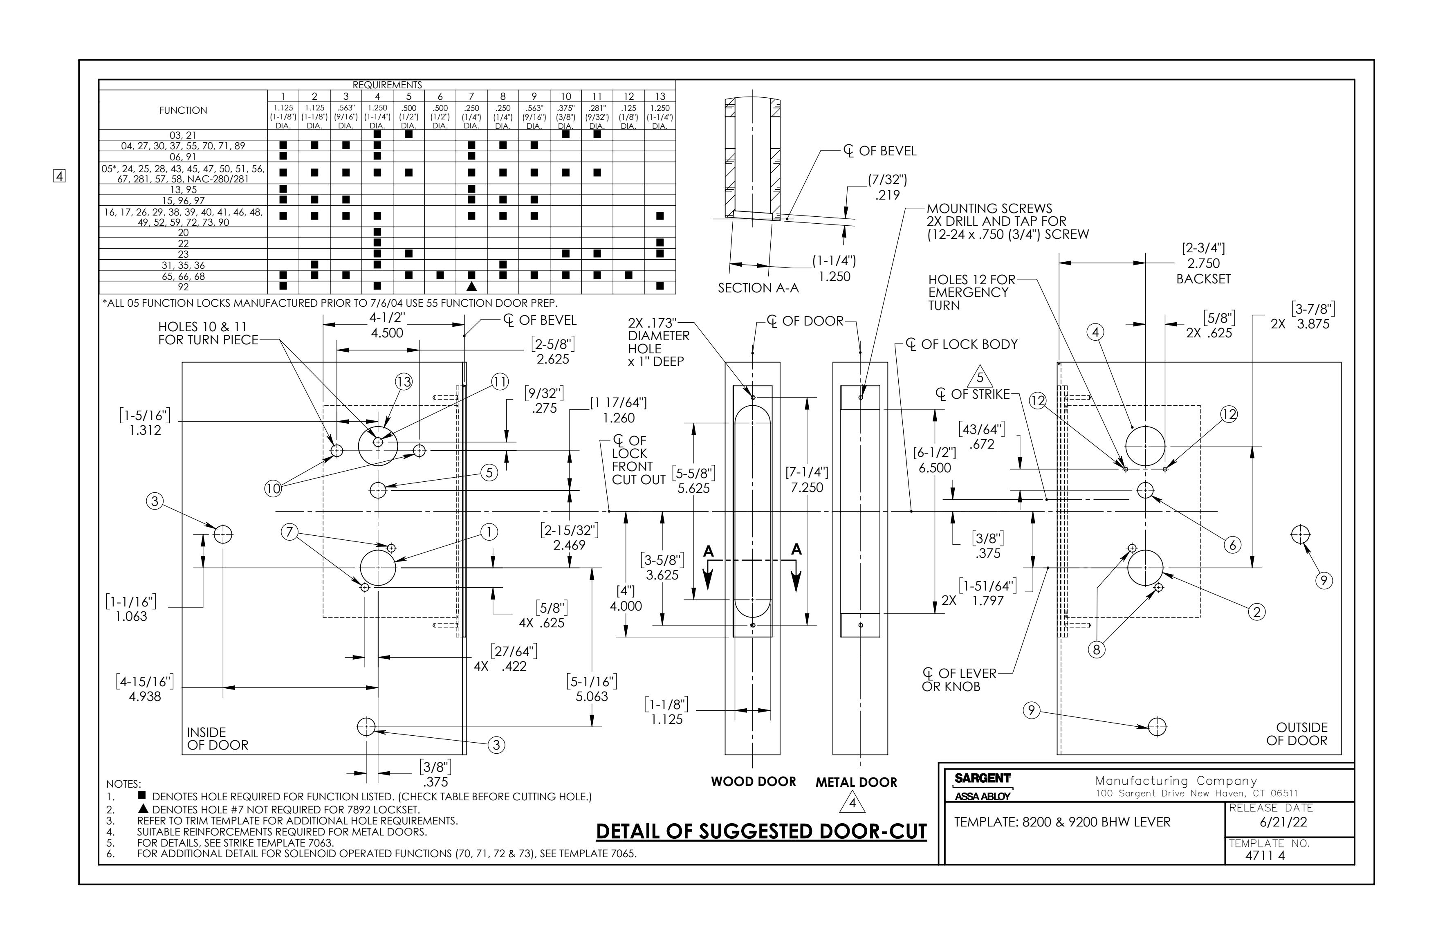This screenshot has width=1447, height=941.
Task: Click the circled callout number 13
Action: pos(404,382)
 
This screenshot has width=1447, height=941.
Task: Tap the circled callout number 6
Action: pos(1232,544)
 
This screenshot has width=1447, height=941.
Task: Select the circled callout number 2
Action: pos(1257,612)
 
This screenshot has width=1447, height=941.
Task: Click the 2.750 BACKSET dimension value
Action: pos(1203,263)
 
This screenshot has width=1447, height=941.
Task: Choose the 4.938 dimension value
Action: pos(145,696)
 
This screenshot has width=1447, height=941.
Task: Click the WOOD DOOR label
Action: pos(753,782)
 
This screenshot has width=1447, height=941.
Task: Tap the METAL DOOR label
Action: pos(856,782)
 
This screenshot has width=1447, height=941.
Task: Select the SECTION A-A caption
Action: pos(758,288)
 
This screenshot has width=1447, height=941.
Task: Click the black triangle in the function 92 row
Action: pos(471,286)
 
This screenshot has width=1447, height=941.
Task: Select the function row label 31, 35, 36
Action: pos(183,265)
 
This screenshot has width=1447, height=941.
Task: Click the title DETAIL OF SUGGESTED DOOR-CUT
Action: pos(761,831)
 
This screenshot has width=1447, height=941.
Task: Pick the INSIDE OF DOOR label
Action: pos(218,739)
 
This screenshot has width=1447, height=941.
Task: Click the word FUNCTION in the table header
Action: pos(183,110)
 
